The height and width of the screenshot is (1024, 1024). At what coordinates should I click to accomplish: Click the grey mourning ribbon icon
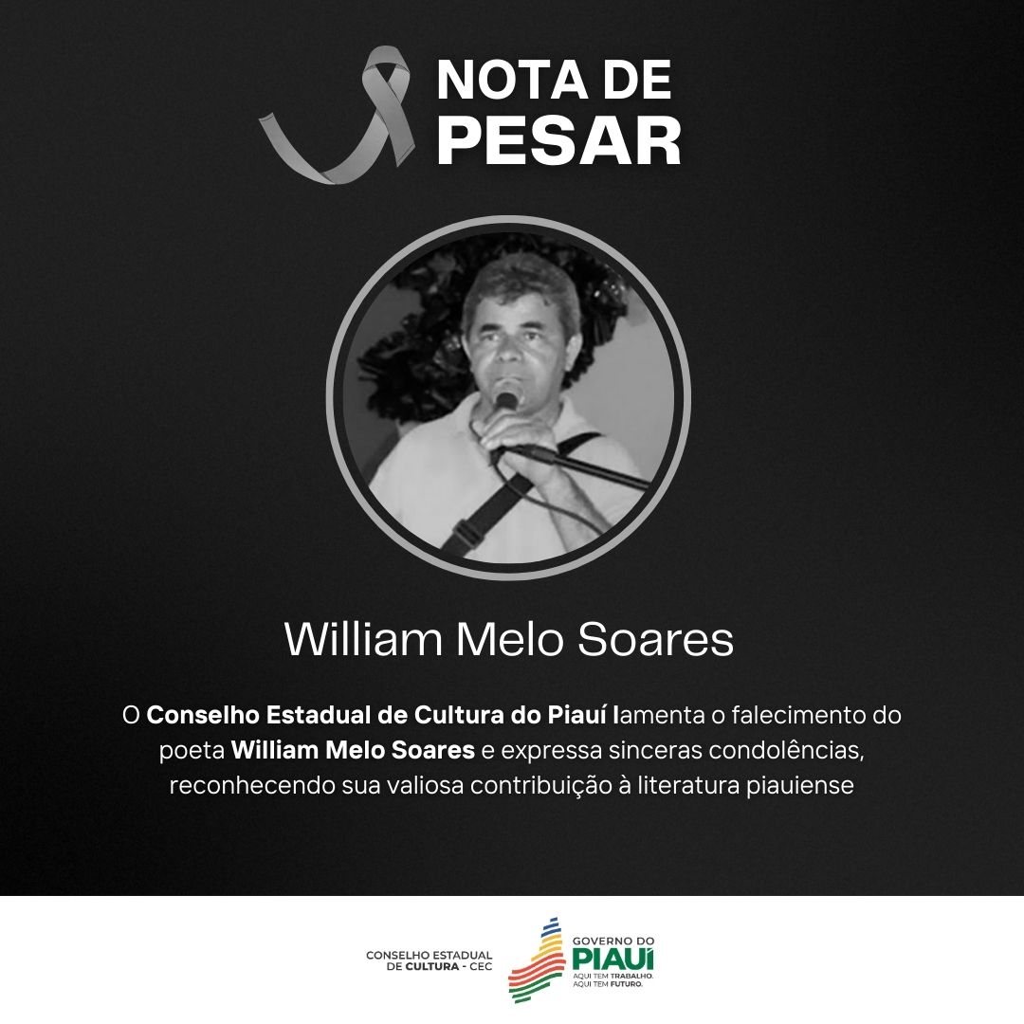click(x=341, y=119)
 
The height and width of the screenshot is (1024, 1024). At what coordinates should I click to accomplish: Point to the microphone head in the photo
click(x=506, y=398)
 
